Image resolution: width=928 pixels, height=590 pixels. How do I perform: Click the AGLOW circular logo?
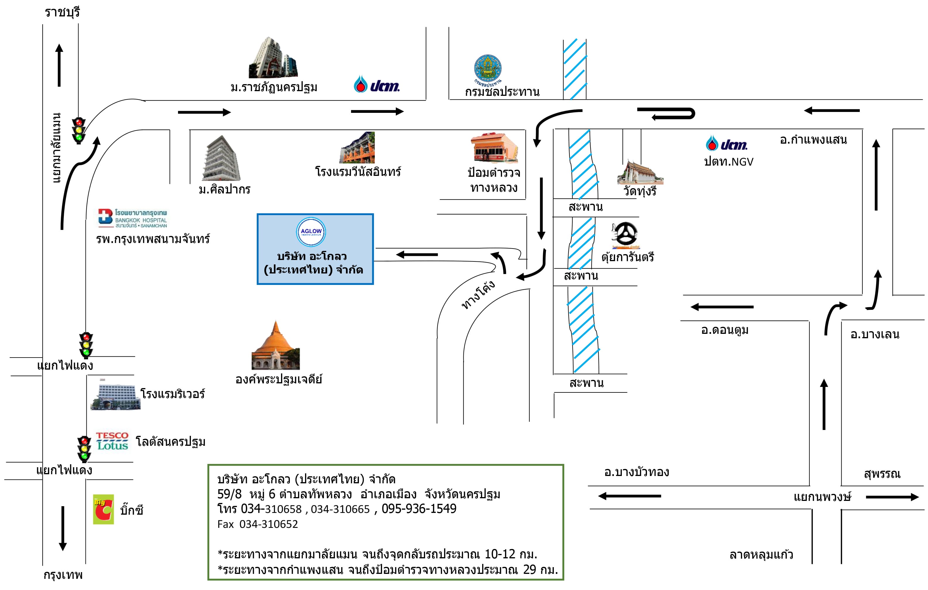point(311,232)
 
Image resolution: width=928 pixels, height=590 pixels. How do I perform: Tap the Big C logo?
point(103,509)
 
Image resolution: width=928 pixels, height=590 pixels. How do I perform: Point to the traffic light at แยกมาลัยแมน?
point(79,130)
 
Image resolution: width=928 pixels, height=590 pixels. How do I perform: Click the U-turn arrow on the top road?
point(667,113)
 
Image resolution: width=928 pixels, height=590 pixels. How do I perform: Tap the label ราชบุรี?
point(62,12)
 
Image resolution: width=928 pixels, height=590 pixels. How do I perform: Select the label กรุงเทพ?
point(63,575)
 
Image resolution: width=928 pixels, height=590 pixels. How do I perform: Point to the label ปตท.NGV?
point(728,162)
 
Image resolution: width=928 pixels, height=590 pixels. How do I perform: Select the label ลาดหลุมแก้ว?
point(761,555)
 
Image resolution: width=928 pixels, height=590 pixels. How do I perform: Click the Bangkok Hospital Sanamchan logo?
point(132,218)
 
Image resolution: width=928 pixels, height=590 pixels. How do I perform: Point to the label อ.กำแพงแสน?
point(814,140)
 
